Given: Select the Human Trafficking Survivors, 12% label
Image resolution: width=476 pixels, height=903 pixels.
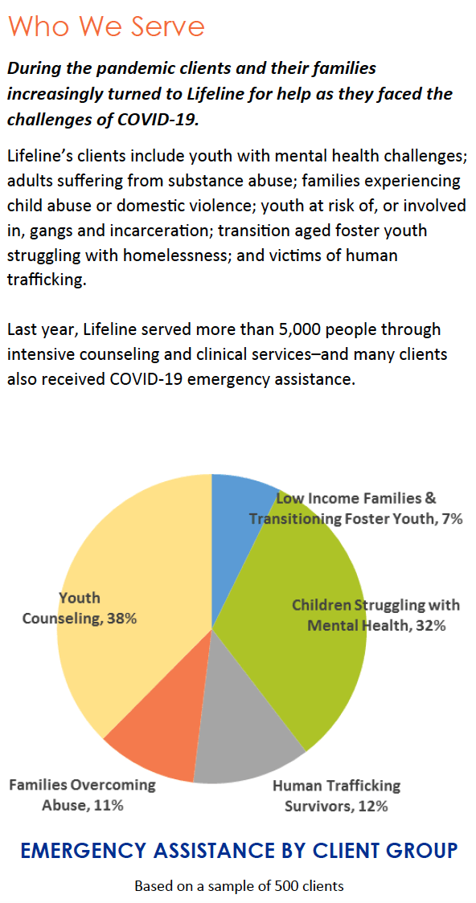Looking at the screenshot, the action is [x=336, y=795].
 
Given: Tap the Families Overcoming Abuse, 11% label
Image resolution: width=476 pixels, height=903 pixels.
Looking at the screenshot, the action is [x=82, y=795].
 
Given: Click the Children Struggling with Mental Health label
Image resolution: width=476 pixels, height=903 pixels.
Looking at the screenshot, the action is [x=375, y=615].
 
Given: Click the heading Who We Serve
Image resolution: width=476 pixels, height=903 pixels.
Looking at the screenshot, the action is [x=107, y=26].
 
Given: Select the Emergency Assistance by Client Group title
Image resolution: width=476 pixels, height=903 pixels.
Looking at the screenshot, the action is [x=239, y=849].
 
